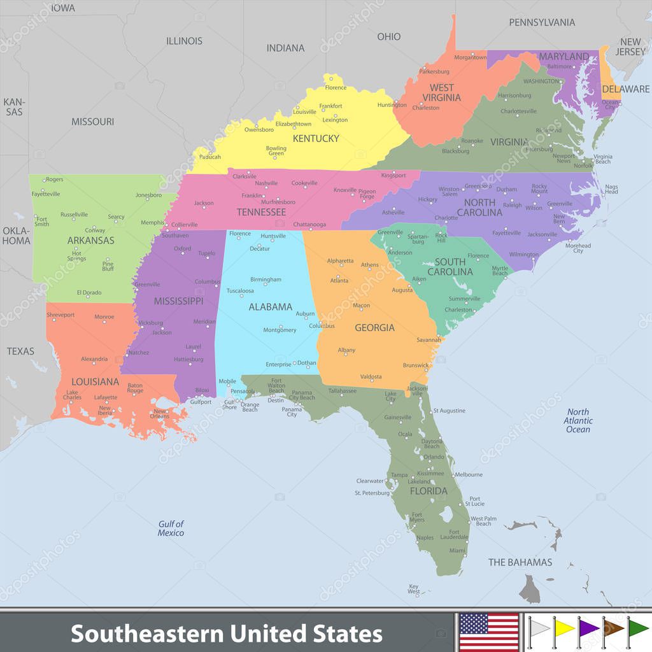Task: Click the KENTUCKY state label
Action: [x=315, y=138]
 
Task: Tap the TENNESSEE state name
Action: [x=260, y=212]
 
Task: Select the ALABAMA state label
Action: [x=270, y=307]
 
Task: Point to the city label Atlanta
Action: [x=339, y=280]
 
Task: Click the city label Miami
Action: [x=457, y=551]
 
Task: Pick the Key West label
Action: [x=414, y=589]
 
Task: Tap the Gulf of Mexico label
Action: [x=171, y=528]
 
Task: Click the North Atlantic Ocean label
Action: [x=578, y=420]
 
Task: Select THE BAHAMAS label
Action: [x=520, y=562]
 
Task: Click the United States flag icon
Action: [x=488, y=632]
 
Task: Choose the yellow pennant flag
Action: [x=563, y=628]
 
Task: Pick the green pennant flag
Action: [x=637, y=628]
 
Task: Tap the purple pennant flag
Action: [x=588, y=628]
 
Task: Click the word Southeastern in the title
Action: [x=146, y=634]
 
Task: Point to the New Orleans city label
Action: [x=160, y=414]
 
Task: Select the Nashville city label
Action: [x=266, y=183]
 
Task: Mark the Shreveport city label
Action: [x=60, y=315]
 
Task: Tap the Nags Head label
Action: [x=611, y=189]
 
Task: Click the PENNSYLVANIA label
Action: [x=542, y=22]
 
